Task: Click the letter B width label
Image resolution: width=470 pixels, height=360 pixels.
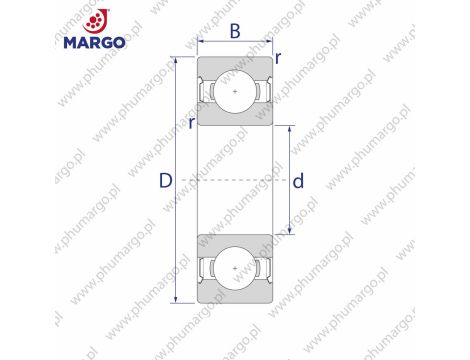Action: point(236,31)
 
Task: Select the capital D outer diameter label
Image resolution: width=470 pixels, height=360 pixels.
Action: point(166,181)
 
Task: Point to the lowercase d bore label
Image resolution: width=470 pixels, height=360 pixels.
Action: point(298,181)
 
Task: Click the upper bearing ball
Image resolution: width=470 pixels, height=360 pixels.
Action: point(236,92)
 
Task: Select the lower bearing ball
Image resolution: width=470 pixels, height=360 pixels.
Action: point(236,270)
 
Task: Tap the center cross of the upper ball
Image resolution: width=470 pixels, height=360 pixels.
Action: point(236,92)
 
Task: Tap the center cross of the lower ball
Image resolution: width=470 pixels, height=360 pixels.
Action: point(236,270)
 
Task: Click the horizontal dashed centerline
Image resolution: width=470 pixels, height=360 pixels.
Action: point(236,181)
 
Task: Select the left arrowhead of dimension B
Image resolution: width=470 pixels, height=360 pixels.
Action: point(201,44)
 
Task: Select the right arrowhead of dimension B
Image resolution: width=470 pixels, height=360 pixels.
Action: point(271,44)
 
